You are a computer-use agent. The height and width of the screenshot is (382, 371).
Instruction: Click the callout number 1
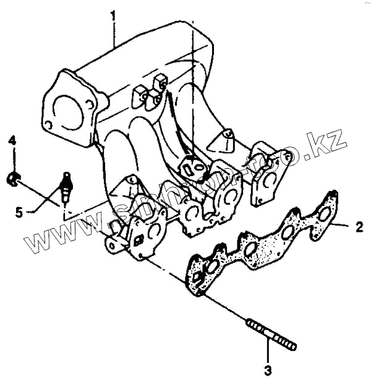113,14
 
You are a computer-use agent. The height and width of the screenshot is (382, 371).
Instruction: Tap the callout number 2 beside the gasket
359,226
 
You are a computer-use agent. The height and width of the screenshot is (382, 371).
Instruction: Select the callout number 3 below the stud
268,371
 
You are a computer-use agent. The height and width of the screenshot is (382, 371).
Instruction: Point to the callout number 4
11,142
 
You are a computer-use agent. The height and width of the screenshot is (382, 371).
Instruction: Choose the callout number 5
19,212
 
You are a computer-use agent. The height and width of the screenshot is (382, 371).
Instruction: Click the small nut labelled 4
12,179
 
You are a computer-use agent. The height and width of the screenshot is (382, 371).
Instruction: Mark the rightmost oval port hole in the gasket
324,214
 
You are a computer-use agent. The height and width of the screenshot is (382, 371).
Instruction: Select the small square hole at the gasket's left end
197,278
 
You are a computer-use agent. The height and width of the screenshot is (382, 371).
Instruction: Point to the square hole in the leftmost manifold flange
139,240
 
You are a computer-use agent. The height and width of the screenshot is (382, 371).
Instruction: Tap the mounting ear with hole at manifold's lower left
113,245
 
